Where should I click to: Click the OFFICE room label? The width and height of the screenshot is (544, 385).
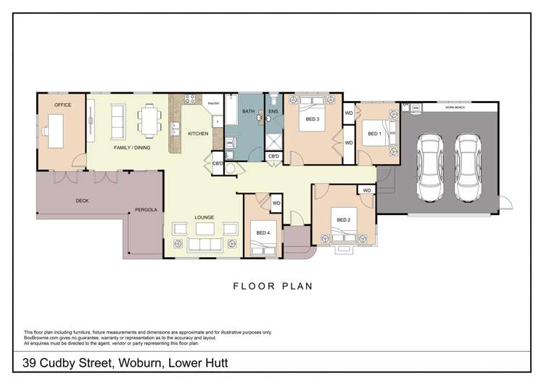[x=62, y=106]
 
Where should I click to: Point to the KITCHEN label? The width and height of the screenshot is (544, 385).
[x=198, y=134]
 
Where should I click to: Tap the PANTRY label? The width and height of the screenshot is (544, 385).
[x=213, y=104]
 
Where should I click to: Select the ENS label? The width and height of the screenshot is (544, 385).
[x=273, y=112]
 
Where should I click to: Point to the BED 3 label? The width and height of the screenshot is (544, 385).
[x=313, y=118]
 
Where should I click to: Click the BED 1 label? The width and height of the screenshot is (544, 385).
[x=374, y=134]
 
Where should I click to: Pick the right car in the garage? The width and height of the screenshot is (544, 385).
[x=468, y=166]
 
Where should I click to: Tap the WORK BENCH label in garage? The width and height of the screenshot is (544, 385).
[x=455, y=108]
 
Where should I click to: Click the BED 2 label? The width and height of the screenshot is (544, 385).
[x=344, y=220]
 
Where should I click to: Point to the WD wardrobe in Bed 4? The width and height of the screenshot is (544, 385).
[x=276, y=203]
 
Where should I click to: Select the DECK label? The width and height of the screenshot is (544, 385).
[x=83, y=201]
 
